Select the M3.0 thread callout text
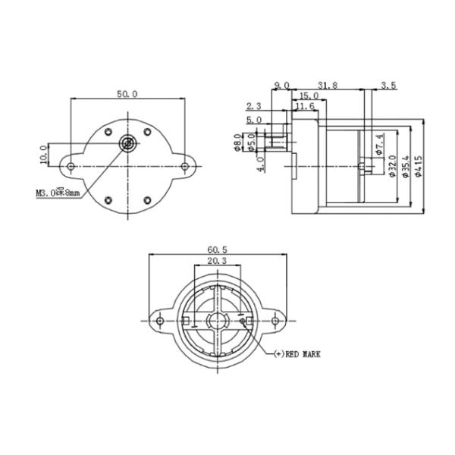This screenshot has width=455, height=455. tap(58, 194)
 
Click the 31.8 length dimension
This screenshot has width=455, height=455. tap(328, 85)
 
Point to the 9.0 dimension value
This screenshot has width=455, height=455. tap(281, 85)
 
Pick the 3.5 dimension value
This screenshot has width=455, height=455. tap(388, 85)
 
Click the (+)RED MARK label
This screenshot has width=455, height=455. tap(298, 353)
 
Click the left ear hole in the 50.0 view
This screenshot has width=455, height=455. tap(71, 165)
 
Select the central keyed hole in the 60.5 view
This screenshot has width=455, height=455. tap(218, 321)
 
